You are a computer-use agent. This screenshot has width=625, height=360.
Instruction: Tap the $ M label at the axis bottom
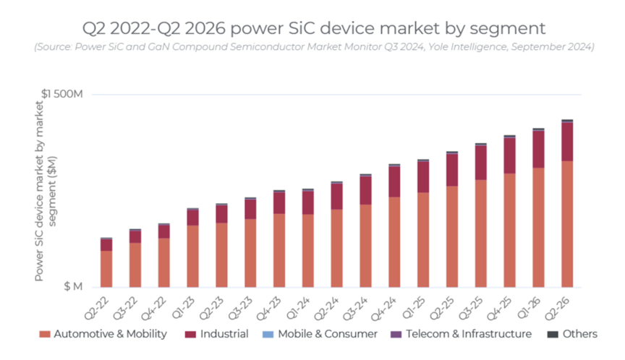click(x=73, y=286)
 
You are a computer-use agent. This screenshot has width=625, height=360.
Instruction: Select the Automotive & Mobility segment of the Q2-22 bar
click(x=106, y=268)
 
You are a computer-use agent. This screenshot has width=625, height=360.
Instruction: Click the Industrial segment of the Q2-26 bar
click(x=567, y=142)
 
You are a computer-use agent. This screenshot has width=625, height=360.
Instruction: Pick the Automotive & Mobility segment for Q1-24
click(x=308, y=250)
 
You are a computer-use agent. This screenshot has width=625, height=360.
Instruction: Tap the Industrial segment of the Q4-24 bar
click(x=394, y=181)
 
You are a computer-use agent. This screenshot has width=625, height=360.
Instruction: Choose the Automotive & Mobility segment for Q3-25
click(x=480, y=233)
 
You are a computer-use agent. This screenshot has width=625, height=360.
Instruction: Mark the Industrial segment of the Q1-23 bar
click(x=192, y=217)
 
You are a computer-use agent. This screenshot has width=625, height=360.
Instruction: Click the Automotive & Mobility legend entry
click(x=104, y=334)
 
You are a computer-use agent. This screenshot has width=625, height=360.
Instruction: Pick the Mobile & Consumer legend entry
click(x=325, y=334)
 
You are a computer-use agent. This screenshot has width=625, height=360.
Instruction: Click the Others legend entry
click(x=574, y=334)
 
